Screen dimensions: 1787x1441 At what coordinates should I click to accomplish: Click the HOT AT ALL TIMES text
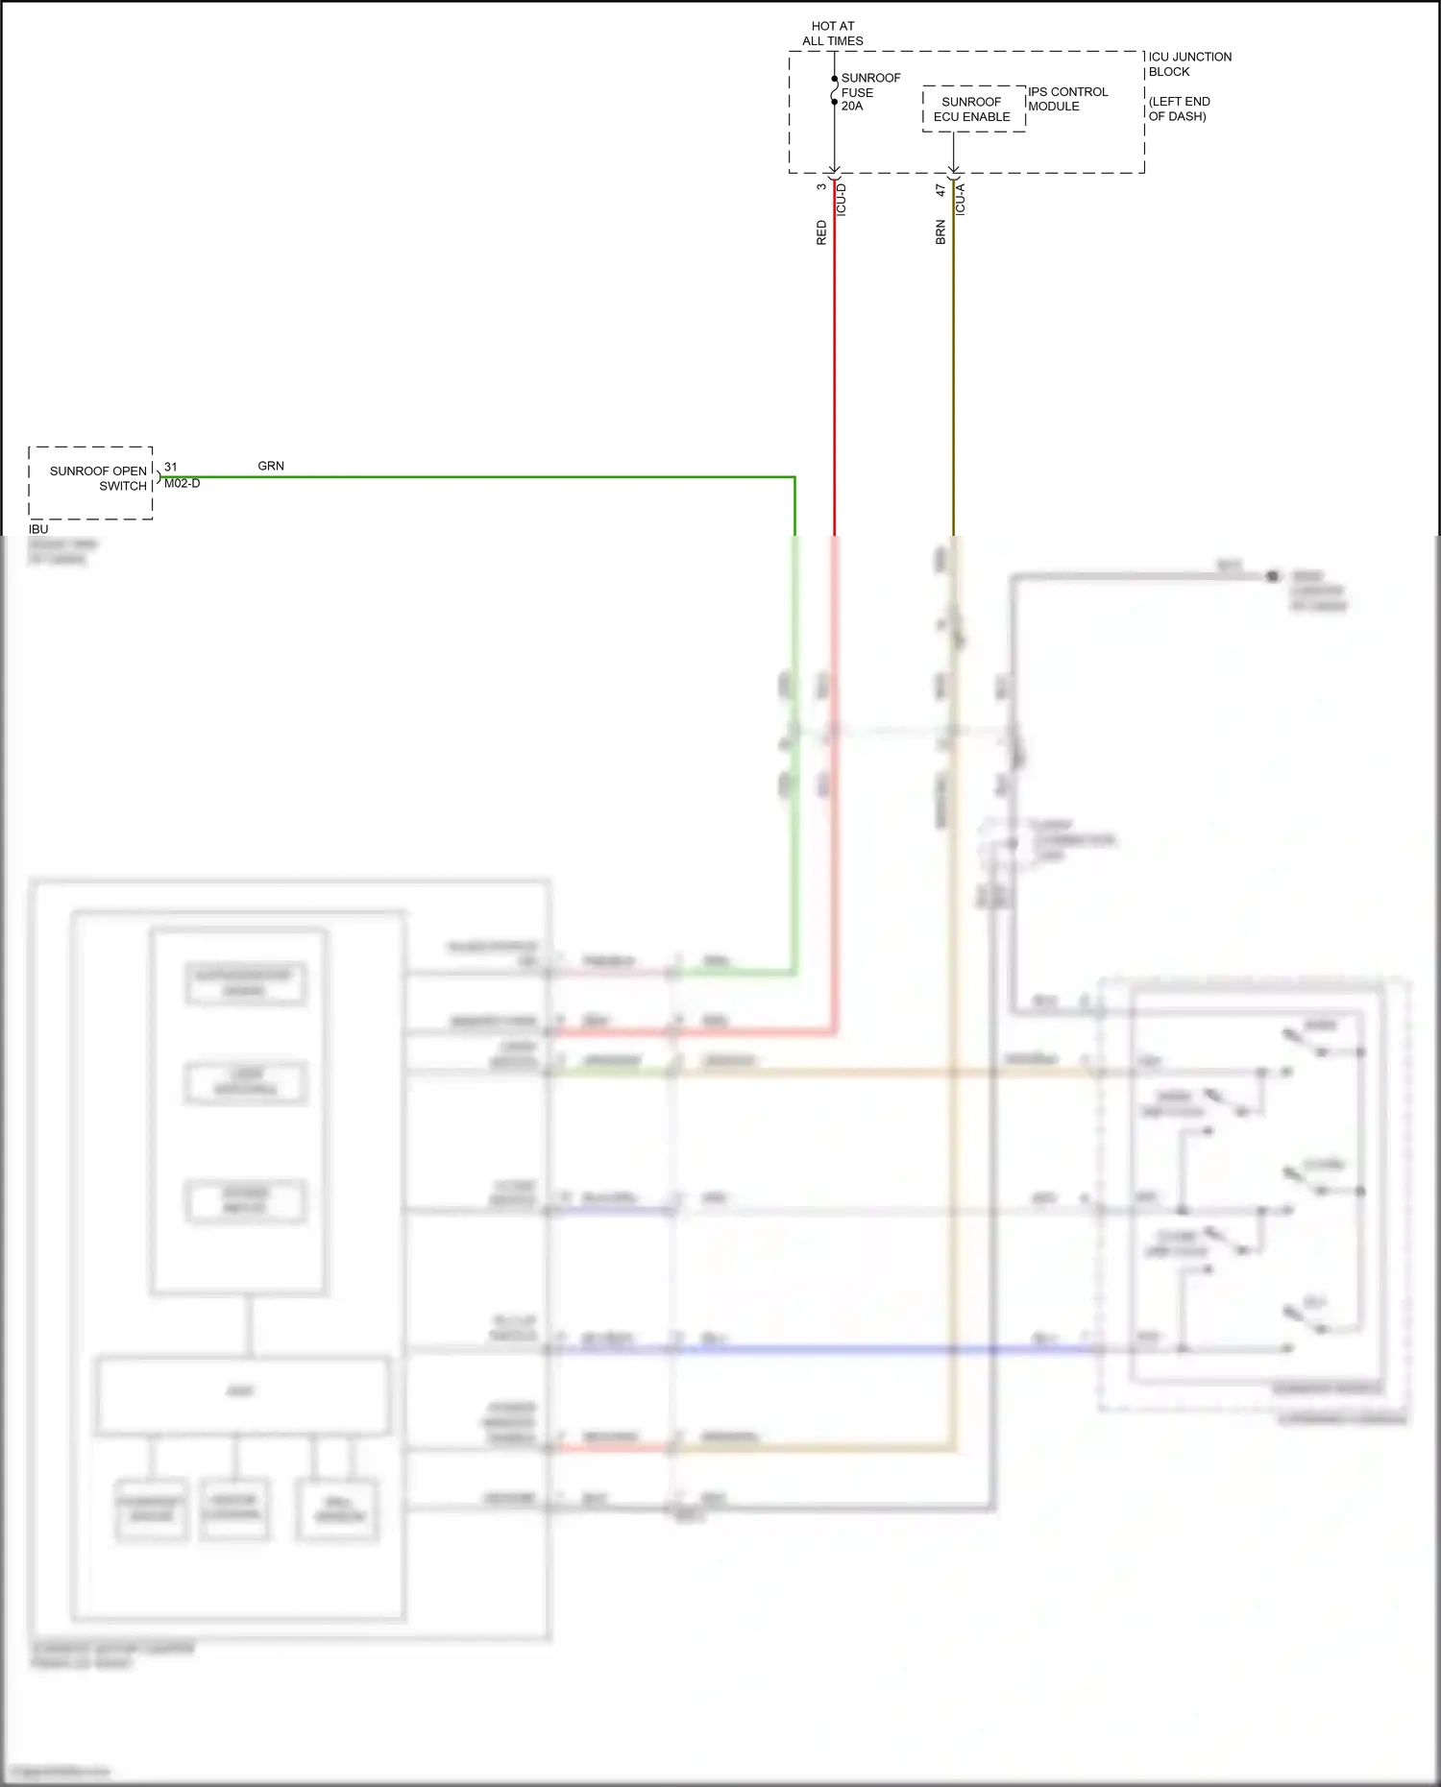tap(832, 34)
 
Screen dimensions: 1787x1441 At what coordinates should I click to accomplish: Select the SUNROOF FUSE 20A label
tap(869, 92)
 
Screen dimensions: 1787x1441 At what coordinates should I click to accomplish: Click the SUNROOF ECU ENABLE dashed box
tap(973, 109)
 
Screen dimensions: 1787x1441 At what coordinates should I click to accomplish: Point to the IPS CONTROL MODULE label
tap(1067, 99)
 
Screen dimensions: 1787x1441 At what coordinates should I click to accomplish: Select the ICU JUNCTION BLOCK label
tap(1188, 64)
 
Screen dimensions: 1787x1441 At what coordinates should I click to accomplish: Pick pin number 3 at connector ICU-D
tap(821, 186)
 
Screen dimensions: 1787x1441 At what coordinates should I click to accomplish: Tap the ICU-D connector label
tap(842, 200)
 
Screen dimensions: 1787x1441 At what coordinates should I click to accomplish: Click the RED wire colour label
tap(821, 232)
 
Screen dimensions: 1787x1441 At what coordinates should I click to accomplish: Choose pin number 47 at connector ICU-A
tap(940, 190)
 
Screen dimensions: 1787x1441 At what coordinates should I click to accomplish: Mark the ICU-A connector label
tap(960, 200)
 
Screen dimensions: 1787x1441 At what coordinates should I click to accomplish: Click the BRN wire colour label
tap(940, 232)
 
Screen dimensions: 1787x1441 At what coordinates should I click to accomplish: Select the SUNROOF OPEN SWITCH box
tap(91, 482)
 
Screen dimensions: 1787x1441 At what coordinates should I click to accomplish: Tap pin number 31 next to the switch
tap(170, 467)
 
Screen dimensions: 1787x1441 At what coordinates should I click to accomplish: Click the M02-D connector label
tap(182, 484)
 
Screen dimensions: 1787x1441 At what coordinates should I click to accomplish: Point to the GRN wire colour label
tap(271, 466)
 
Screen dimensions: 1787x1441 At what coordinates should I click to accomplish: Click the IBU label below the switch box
tap(38, 529)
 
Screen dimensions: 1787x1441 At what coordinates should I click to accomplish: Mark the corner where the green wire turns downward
tap(794, 477)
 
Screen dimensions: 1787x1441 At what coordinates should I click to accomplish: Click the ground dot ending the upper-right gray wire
tap(1272, 576)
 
